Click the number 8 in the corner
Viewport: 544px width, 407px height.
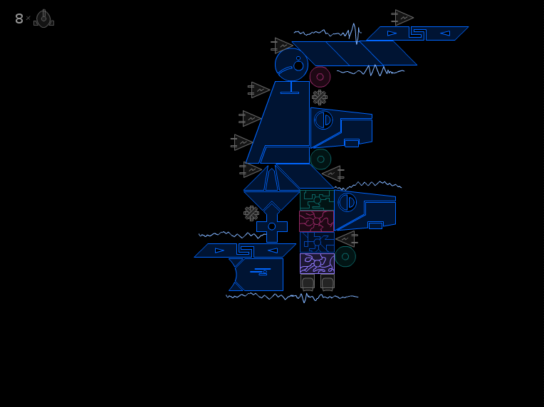coord(19,18)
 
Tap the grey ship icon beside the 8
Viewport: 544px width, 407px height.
coord(43,18)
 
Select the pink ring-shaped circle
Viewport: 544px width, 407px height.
coord(320,77)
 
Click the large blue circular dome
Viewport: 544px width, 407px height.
coord(291,65)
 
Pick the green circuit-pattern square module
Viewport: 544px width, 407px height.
coord(317,200)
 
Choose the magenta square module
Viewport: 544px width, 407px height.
coord(316,221)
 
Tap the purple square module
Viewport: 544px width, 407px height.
coord(317,263)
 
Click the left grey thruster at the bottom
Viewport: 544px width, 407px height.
coord(308,282)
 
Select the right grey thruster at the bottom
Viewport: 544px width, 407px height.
coord(327,282)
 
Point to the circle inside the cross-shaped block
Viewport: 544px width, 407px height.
coord(272,226)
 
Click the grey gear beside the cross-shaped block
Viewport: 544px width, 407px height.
coord(251,213)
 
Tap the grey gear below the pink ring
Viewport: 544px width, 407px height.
coord(320,97)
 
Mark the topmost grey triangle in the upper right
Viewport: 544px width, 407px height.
coord(402,17)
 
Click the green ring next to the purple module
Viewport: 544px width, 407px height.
coord(345,257)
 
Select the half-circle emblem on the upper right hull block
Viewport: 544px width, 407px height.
coord(323,120)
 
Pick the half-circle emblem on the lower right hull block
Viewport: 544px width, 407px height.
coord(347,203)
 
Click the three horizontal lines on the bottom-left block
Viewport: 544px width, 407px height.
coord(261,271)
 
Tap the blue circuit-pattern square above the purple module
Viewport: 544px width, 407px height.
coord(317,242)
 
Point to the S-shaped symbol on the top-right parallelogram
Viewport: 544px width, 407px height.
coord(418,33)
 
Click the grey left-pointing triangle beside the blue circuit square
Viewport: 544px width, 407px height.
coord(347,239)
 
